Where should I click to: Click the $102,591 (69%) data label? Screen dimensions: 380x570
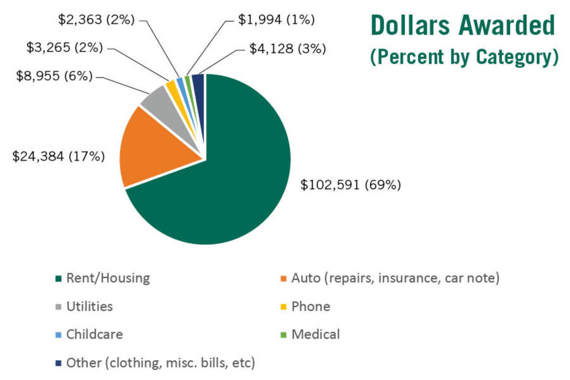(350, 185)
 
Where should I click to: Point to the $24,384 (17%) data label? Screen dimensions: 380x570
(58, 156)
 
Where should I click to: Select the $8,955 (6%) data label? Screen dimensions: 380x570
(54, 76)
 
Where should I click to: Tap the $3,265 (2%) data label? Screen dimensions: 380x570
(65, 47)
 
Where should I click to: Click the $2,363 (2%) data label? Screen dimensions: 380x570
(96, 19)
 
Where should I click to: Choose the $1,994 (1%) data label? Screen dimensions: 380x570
(276, 19)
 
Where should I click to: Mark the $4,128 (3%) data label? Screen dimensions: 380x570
(287, 49)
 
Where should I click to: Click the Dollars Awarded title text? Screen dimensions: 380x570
(462, 25)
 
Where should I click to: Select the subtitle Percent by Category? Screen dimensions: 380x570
(464, 57)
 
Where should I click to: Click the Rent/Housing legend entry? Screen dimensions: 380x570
(108, 278)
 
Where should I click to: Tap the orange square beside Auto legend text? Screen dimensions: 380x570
(283, 279)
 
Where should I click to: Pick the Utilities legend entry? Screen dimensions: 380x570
(89, 306)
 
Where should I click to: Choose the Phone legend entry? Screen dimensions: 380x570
(310, 306)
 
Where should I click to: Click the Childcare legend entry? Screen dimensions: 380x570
(94, 334)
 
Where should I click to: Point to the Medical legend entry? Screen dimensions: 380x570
(315, 334)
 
